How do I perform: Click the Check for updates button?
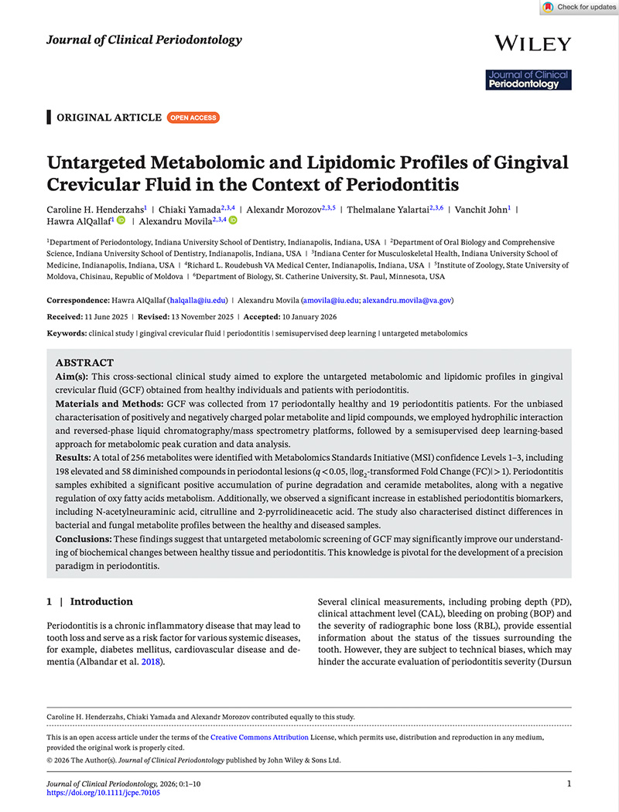[x=578, y=7]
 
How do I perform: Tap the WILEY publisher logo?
[x=532, y=43]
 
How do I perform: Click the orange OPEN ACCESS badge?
[x=193, y=118]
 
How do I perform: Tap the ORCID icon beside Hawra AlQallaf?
[x=121, y=221]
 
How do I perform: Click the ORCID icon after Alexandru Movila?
[x=233, y=221]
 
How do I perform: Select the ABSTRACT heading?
[x=84, y=363]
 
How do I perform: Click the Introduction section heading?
[x=101, y=602]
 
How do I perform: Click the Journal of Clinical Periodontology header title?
[x=144, y=40]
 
